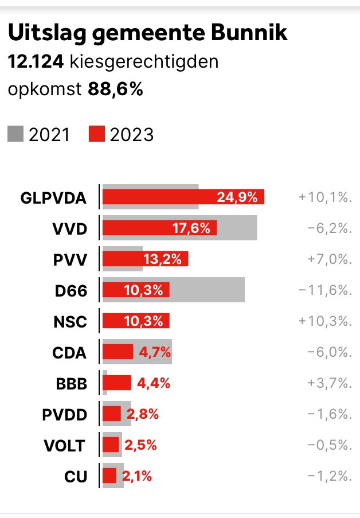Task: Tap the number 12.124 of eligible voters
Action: click(36, 61)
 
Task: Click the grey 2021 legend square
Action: click(15, 134)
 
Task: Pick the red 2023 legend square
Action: click(97, 134)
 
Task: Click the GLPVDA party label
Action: click(53, 198)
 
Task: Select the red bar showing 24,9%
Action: click(183, 197)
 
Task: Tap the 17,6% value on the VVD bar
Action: click(191, 228)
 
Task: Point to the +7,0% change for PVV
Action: click(324, 259)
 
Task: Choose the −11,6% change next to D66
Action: click(324, 290)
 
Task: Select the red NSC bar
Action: click(136, 321)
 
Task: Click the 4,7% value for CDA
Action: click(156, 352)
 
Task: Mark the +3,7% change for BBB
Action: click(324, 383)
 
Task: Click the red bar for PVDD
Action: click(112, 414)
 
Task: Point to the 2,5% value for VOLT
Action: click(140, 445)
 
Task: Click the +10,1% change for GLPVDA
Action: click(324, 197)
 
